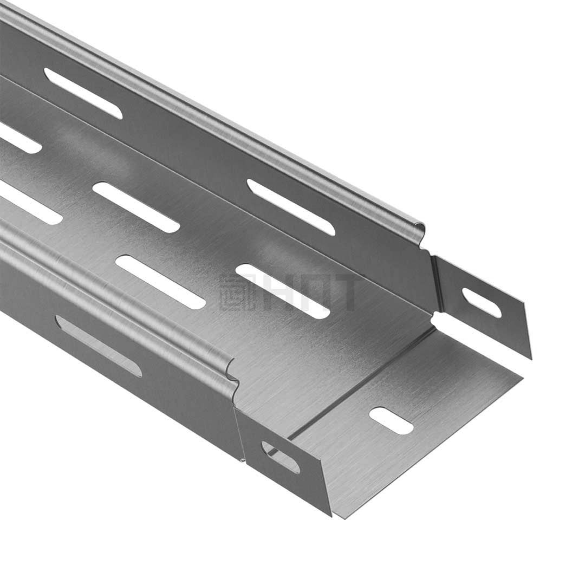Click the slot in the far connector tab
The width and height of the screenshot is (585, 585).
tap(482, 303)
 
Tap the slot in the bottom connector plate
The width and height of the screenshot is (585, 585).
tap(391, 420)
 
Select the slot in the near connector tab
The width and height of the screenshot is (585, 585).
tap(281, 457)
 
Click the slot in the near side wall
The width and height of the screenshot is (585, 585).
tap(99, 346)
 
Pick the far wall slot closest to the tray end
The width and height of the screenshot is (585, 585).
tap(291, 207)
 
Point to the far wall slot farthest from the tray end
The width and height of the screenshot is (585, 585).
tap(83, 93)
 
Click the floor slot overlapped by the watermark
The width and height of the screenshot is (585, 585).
tap(283, 291)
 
